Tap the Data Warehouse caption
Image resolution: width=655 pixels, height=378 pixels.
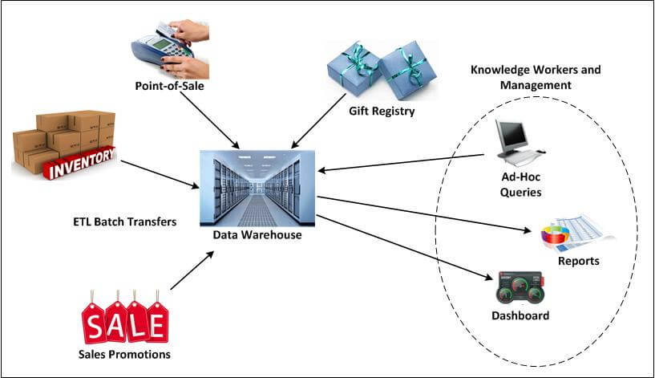[x=257, y=234]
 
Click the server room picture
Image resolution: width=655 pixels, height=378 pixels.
[x=257, y=187]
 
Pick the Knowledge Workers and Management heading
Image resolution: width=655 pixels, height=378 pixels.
[x=535, y=76]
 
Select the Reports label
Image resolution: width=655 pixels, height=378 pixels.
[x=579, y=261]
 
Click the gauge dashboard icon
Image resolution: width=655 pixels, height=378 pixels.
[x=520, y=287]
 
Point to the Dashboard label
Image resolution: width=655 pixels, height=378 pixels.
[x=520, y=315]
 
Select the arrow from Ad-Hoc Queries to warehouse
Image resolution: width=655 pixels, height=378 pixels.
[x=402, y=163]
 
